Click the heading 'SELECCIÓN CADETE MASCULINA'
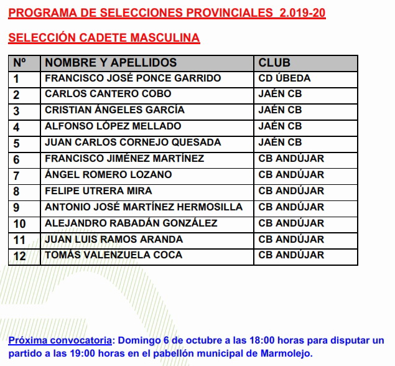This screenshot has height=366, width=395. (105, 38)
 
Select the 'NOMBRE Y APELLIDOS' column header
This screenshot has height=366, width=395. (111, 63)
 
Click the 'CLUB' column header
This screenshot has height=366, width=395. (274, 63)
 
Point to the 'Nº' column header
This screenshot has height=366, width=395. (19, 63)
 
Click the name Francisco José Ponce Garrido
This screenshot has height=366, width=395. (133, 78)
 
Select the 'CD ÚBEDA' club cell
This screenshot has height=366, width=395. (284, 78)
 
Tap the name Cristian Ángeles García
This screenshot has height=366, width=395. (115, 110)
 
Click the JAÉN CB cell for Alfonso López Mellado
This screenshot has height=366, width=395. (280, 126)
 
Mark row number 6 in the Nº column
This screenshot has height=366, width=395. (17, 159)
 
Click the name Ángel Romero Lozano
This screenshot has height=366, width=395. (109, 175)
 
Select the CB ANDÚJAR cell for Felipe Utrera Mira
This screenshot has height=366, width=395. (291, 191)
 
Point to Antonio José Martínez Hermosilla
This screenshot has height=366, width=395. (144, 207)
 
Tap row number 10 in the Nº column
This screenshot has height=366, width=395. (19, 223)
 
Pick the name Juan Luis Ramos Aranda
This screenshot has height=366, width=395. (114, 239)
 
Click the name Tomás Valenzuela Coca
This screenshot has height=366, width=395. (114, 255)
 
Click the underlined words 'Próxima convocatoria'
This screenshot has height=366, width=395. (60, 340)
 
